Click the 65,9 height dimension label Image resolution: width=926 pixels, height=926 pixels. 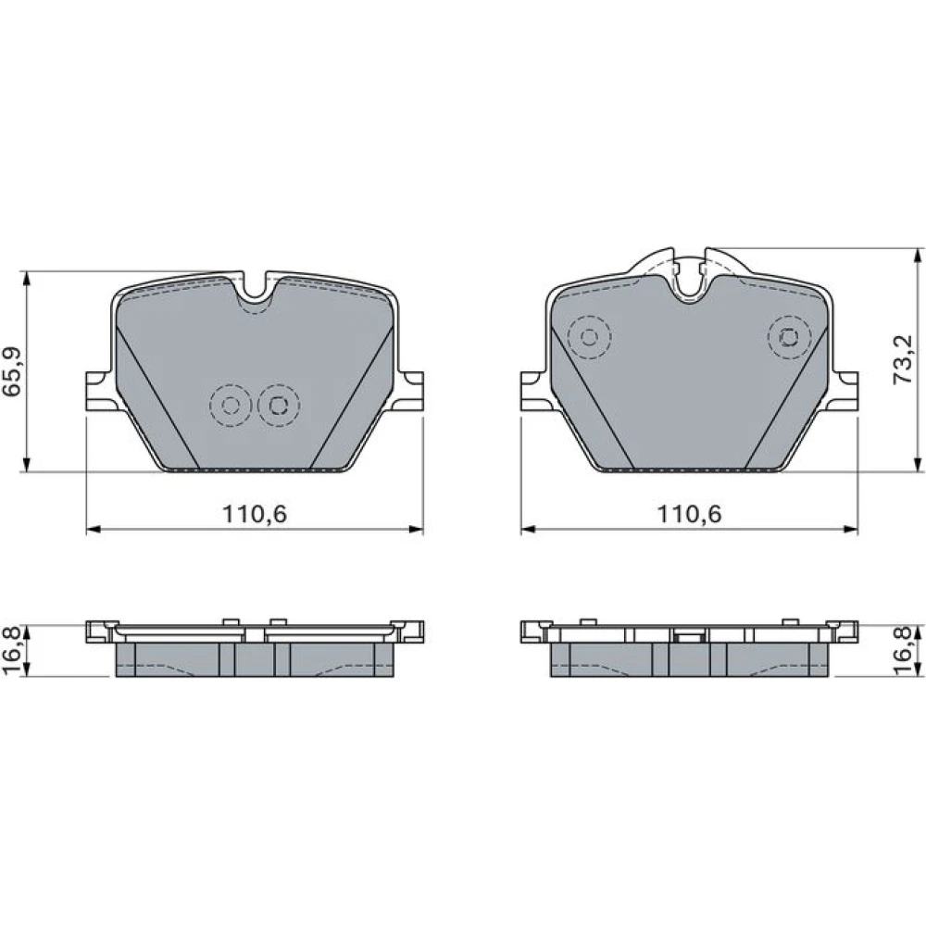(13, 372)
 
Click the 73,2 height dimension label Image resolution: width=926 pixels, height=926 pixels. (903, 361)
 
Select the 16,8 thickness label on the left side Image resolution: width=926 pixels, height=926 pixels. (12, 651)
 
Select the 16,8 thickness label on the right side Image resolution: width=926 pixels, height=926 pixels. (904, 651)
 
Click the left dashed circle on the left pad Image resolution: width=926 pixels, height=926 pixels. (231, 406)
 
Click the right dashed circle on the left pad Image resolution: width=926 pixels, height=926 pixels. (278, 406)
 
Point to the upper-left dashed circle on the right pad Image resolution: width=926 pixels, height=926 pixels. (589, 337)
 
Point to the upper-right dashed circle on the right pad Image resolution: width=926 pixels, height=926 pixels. (790, 337)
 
